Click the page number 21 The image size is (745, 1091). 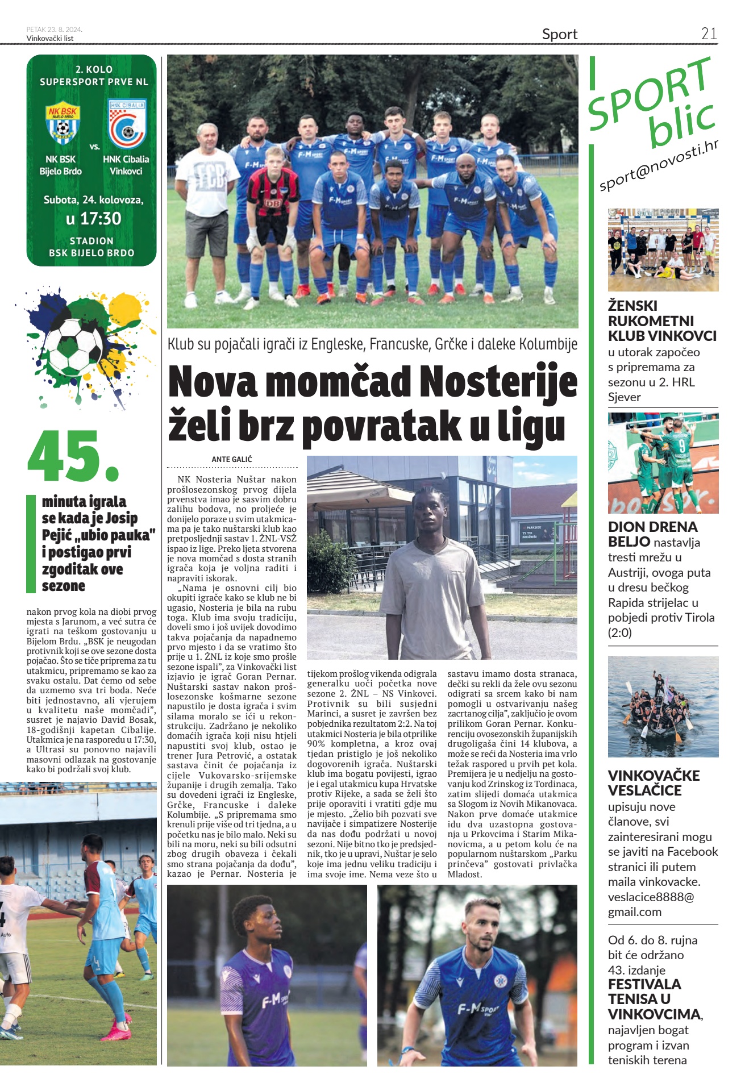click(x=709, y=34)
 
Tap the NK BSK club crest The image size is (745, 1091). click(x=63, y=123)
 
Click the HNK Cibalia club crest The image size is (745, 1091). click(x=127, y=123)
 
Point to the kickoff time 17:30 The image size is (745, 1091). click(x=93, y=219)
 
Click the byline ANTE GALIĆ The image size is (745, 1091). click(x=232, y=459)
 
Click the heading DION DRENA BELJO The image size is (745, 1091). click(x=652, y=534)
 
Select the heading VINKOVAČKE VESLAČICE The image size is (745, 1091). click(x=654, y=782)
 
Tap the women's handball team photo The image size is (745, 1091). click(x=663, y=250)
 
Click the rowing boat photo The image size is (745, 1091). click(x=663, y=706)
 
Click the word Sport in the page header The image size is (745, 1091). click(x=559, y=34)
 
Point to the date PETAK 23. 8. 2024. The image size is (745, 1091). click(x=54, y=30)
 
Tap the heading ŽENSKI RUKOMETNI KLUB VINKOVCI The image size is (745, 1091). click(x=662, y=320)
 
